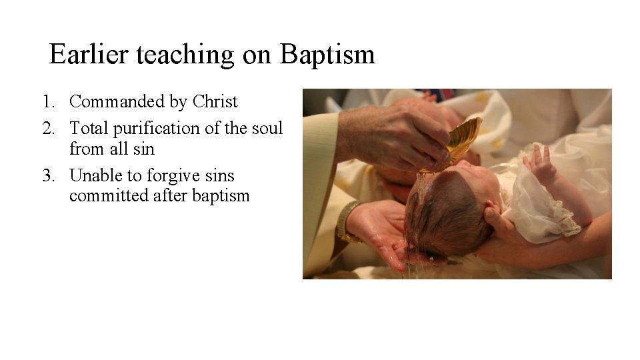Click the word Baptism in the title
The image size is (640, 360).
pos(327,55)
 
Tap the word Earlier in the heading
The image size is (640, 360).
pos(90,55)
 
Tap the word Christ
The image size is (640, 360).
pos(215,102)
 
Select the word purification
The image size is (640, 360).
pos(155,128)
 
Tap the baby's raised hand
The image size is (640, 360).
pos(541,164)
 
